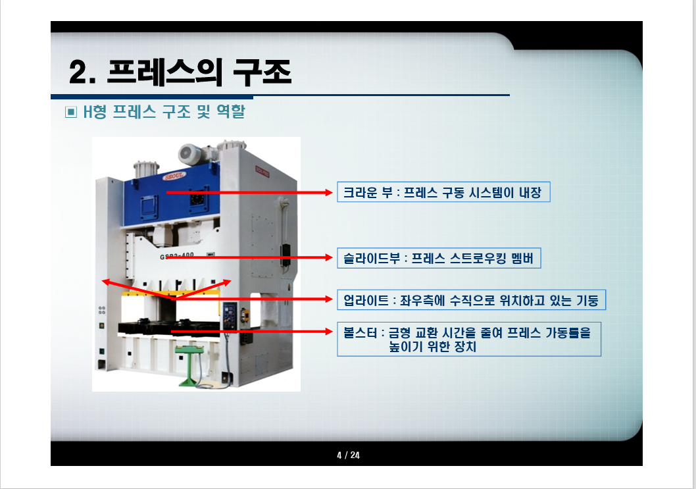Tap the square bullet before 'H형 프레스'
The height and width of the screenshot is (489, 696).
(71, 113)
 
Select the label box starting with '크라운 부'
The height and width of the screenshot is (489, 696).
(443, 192)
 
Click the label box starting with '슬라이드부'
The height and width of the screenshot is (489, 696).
(439, 258)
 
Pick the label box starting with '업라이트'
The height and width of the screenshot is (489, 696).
(470, 300)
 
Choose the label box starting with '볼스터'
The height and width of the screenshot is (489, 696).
(468, 339)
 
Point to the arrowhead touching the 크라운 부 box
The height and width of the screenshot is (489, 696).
(332, 192)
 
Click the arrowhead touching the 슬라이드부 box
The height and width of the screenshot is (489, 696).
(332, 258)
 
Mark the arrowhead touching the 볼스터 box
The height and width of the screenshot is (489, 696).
(332, 332)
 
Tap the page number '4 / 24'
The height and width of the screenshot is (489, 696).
(348, 455)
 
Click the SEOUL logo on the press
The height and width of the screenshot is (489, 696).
(172, 177)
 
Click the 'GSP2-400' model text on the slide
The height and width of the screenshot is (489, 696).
(176, 256)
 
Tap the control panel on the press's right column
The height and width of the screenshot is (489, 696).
(230, 314)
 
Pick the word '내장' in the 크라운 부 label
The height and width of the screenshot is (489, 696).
(532, 193)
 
